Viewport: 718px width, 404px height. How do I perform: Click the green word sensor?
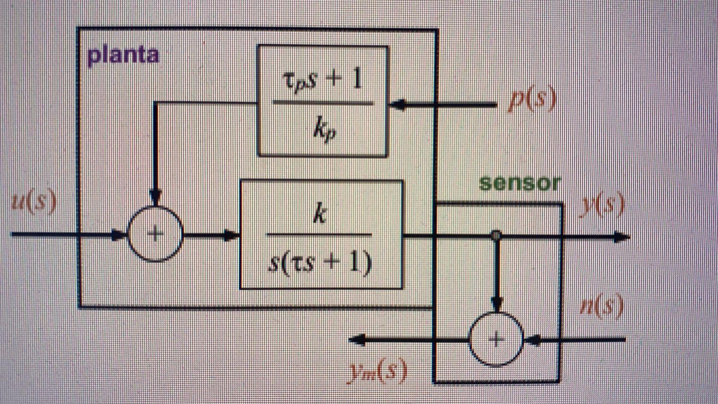520,183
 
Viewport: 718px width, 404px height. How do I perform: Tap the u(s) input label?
34,201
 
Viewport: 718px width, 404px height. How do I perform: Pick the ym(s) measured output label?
378,371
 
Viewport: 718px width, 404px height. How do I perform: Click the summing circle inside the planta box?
155,234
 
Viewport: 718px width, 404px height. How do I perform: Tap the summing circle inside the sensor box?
496,339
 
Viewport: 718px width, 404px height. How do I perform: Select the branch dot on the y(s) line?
496,235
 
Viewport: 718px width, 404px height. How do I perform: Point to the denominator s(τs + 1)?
320,262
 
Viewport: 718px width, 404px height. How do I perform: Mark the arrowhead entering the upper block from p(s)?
397,105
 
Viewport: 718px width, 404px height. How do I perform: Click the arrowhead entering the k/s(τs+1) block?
232,235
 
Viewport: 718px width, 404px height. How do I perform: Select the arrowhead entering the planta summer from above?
155,198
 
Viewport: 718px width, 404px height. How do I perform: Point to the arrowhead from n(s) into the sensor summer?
532,340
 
